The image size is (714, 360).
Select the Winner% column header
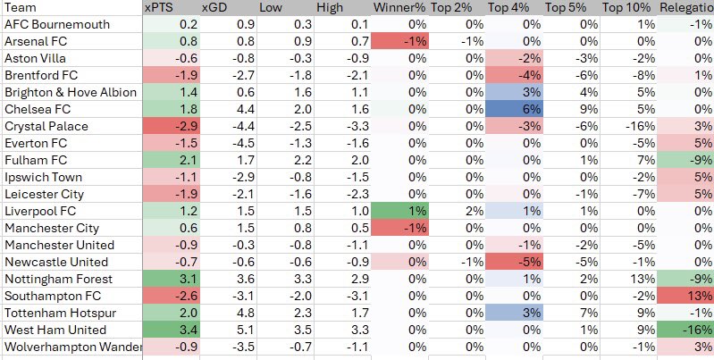(x=399, y=7)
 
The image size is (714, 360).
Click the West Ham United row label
(x=55, y=330)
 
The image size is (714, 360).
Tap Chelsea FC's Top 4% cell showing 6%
(x=514, y=109)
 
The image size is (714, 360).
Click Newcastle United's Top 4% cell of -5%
(x=514, y=262)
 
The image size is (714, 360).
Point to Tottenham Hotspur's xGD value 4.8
(x=228, y=313)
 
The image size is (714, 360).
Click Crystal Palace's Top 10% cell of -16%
(x=629, y=126)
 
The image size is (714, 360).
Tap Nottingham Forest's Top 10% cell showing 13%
(x=629, y=279)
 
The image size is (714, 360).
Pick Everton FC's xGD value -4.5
(x=228, y=143)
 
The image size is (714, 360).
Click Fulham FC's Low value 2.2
(x=285, y=160)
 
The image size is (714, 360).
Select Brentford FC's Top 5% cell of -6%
(x=572, y=75)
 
